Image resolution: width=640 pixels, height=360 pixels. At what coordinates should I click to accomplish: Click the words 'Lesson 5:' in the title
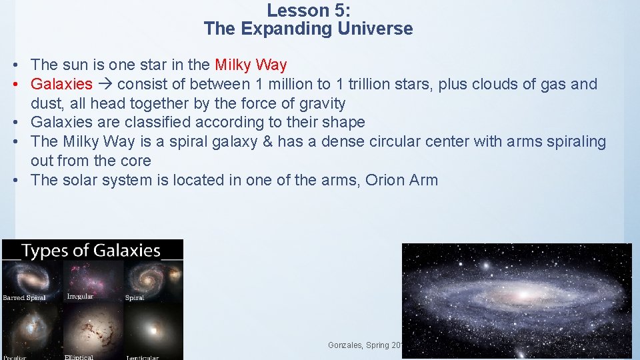tap(308, 11)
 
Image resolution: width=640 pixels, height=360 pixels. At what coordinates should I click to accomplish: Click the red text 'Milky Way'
tap(251, 65)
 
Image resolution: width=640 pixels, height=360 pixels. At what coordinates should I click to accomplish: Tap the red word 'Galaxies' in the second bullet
tap(61, 84)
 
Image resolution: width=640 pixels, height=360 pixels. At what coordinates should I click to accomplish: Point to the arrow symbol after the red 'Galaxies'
tap(105, 84)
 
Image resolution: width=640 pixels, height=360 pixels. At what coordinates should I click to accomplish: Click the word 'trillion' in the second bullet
tap(374, 84)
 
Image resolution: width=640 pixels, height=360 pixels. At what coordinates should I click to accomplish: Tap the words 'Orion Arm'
tap(401, 180)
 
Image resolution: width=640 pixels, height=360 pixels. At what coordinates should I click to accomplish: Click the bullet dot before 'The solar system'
tap(14, 180)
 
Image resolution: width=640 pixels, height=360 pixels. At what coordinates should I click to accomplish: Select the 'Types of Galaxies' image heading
tap(91, 251)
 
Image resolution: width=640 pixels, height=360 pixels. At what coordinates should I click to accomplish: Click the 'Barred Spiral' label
tap(25, 297)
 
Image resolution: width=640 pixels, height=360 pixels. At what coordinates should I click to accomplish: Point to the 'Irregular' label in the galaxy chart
tap(80, 296)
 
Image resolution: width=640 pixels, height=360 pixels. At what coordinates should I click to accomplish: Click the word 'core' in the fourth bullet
tap(136, 161)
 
